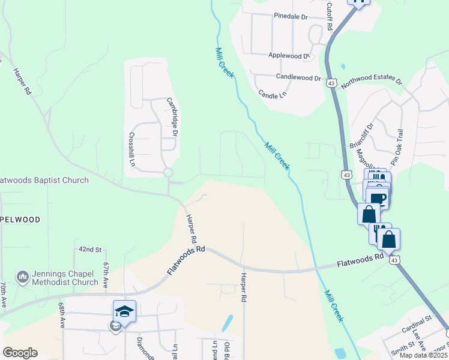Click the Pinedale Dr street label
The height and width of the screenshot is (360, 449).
pos(291,16)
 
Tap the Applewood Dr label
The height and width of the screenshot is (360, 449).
pos(289,56)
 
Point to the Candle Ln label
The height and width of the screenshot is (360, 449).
pos(272,94)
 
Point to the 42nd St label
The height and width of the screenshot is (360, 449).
pos(91,249)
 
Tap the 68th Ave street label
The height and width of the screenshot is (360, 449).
pos(62,314)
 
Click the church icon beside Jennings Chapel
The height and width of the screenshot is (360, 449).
pos(23,277)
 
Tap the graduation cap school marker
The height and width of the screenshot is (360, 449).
pos(124,311)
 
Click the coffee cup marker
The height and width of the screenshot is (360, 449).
pos(378,198)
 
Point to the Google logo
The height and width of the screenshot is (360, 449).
pos(20,353)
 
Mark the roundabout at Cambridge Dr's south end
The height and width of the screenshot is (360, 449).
pos(168,173)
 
